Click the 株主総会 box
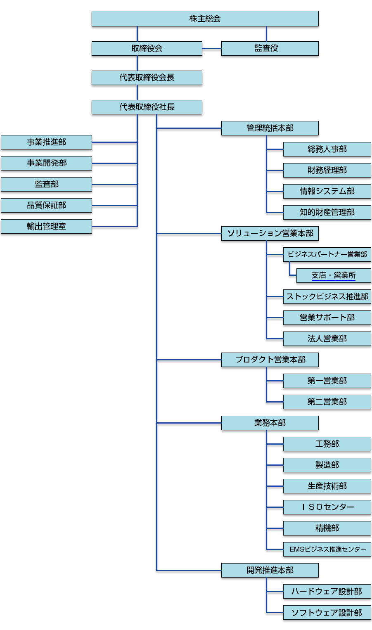pyautogui.click(x=205, y=19)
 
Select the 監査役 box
pyautogui.click(x=270, y=48)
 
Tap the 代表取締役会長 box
pyautogui.click(x=147, y=78)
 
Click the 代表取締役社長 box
pyautogui.click(x=147, y=107)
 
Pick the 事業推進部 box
pyautogui.click(x=46, y=142)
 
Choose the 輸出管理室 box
pyautogui.click(x=46, y=226)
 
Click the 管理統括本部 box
pyautogui.click(x=270, y=128)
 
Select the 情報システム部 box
pyautogui.click(x=327, y=191)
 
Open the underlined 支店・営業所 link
pyautogui.click(x=333, y=275)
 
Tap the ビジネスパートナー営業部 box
pyautogui.click(x=327, y=254)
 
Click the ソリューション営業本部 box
pyautogui.click(x=270, y=233)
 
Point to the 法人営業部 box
pyautogui.click(x=327, y=339)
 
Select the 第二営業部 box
pyautogui.click(x=327, y=402)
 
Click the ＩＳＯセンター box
pyautogui.click(x=327, y=507)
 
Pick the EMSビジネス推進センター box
pyautogui.click(x=327, y=549)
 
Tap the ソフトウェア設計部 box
pyautogui.click(x=327, y=613)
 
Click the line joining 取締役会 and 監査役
pyautogui.click(x=212, y=49)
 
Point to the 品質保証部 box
pyautogui.click(x=46, y=205)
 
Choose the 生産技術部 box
pyautogui.click(x=327, y=486)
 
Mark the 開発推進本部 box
pyautogui.click(x=270, y=570)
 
